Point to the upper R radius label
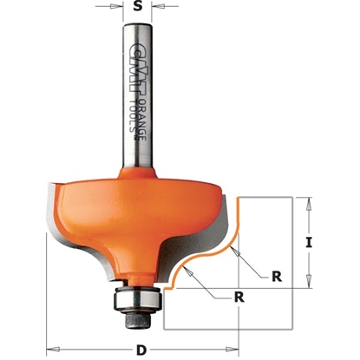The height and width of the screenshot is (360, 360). (275, 277)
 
